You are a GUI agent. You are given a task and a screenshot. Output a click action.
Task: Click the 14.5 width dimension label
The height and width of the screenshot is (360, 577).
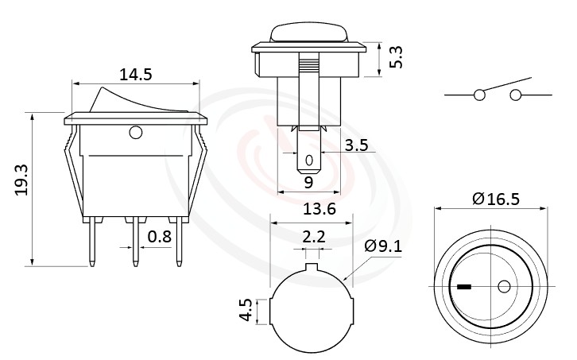(135, 75)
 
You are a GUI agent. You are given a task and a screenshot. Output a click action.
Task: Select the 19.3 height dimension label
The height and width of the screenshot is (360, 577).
(19, 180)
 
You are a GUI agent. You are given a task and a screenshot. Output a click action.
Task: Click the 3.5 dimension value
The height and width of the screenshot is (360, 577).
(357, 146)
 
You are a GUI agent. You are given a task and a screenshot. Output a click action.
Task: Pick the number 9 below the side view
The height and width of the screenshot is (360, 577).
(308, 182)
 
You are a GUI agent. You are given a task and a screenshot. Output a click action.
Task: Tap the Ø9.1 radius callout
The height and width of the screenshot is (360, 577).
(384, 246)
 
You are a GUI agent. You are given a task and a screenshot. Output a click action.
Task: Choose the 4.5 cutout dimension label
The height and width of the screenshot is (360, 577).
(246, 309)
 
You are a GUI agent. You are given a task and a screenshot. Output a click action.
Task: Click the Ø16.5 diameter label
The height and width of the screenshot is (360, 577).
(495, 199)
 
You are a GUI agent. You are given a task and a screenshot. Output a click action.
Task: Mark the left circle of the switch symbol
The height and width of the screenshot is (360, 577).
(479, 95)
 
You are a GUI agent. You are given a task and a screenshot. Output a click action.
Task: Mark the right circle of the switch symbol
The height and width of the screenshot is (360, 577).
(516, 95)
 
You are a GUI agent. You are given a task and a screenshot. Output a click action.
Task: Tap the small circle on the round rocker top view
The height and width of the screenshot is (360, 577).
(502, 285)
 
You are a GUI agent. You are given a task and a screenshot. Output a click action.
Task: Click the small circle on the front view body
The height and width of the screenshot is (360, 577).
(134, 131)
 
